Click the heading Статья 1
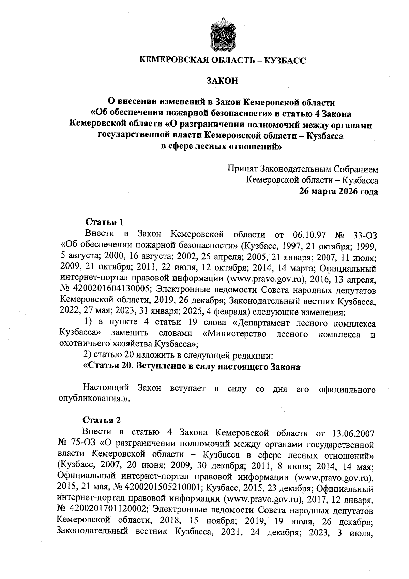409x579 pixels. pyautogui.click(x=104, y=222)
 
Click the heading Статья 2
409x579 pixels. pyautogui.click(x=102, y=420)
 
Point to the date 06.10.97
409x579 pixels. pyautogui.click(x=310, y=235)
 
